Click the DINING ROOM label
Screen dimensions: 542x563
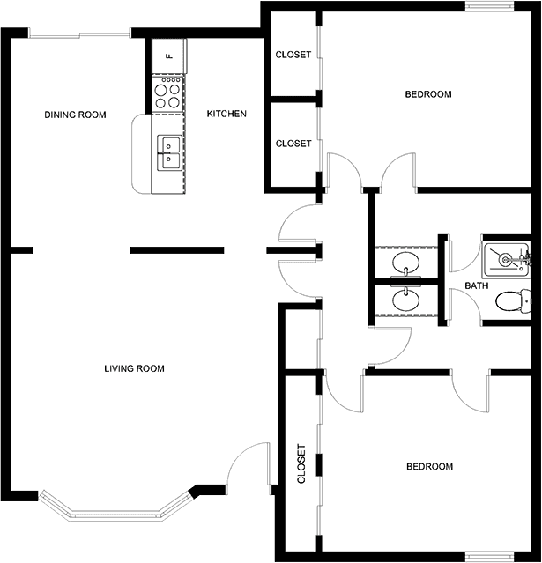[75, 115]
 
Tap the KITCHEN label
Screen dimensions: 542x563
[226, 114]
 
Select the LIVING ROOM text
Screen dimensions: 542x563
[134, 368]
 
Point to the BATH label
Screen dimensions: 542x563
[477, 285]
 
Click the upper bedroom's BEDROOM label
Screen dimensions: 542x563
[428, 94]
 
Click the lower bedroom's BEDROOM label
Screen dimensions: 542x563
[429, 466]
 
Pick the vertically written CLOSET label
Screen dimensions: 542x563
[301, 464]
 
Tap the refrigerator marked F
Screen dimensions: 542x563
[169, 56]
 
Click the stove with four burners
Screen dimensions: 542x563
[167, 93]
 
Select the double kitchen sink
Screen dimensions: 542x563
[169, 153]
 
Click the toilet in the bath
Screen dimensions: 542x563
[513, 301]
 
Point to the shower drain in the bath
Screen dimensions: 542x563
[505, 259]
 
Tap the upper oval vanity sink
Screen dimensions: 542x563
[406, 262]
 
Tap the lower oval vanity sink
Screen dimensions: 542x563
[406, 300]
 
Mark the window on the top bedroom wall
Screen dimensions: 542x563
[490, 6]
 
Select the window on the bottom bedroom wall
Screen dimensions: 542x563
[490, 557]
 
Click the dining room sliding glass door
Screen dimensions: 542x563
[79, 35]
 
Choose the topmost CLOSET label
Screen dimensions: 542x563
[293, 55]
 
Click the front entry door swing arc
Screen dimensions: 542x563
[241, 453]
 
